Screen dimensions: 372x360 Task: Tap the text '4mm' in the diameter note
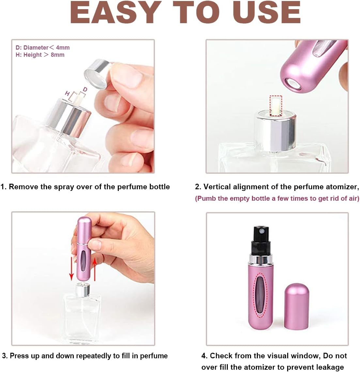tap(63, 48)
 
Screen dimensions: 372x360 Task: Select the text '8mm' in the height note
tap(57, 55)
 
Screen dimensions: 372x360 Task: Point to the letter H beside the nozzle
tap(68, 94)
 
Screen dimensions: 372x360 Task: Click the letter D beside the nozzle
tap(85, 89)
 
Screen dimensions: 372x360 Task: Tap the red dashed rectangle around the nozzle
tap(276, 106)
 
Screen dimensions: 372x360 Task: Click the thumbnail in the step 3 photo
tap(95, 244)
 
